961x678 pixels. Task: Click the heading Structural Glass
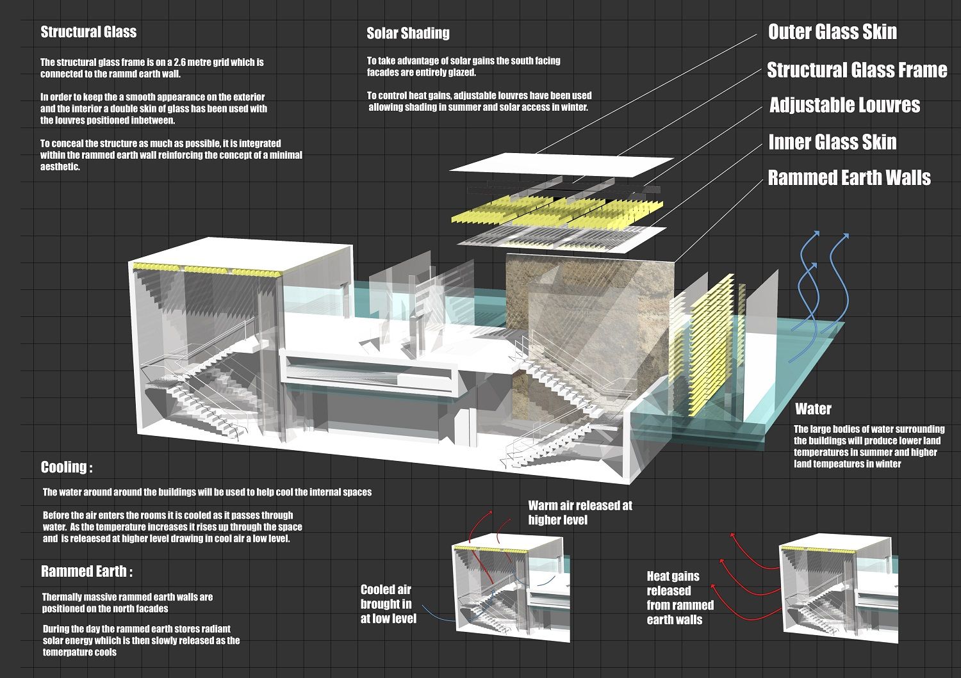(x=88, y=32)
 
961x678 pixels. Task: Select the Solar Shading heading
(x=408, y=33)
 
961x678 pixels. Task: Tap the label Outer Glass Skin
(x=832, y=32)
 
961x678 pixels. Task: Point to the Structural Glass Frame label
(x=857, y=70)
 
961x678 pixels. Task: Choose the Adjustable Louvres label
(x=844, y=105)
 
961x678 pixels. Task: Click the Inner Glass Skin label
(x=832, y=142)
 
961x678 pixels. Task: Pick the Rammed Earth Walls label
(x=849, y=177)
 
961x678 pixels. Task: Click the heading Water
(x=813, y=409)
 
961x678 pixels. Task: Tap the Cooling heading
(x=67, y=467)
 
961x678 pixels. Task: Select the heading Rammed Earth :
(x=86, y=571)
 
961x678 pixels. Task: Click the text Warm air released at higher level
(x=580, y=512)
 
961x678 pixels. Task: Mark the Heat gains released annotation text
(x=679, y=597)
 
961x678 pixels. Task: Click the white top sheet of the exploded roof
(x=561, y=164)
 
